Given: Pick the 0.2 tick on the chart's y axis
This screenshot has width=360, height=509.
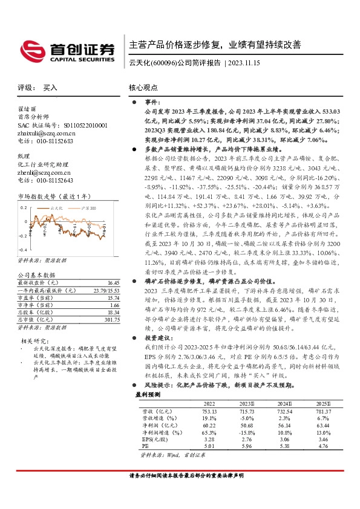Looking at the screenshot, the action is (x=24, y=207).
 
